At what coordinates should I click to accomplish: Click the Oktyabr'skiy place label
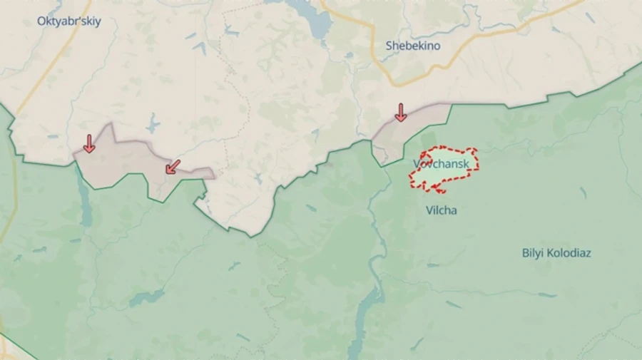coord(69,21)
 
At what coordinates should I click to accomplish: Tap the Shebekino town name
coord(413,46)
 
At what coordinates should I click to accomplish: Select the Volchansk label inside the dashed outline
coord(442,164)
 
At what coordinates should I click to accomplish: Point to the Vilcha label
coord(441,210)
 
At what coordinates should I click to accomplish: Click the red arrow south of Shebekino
coord(400,112)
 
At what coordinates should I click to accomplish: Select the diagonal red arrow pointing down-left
coord(172,167)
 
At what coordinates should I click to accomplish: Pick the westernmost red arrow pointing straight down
coord(88,143)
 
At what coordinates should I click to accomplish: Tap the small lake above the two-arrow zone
coord(153,125)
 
